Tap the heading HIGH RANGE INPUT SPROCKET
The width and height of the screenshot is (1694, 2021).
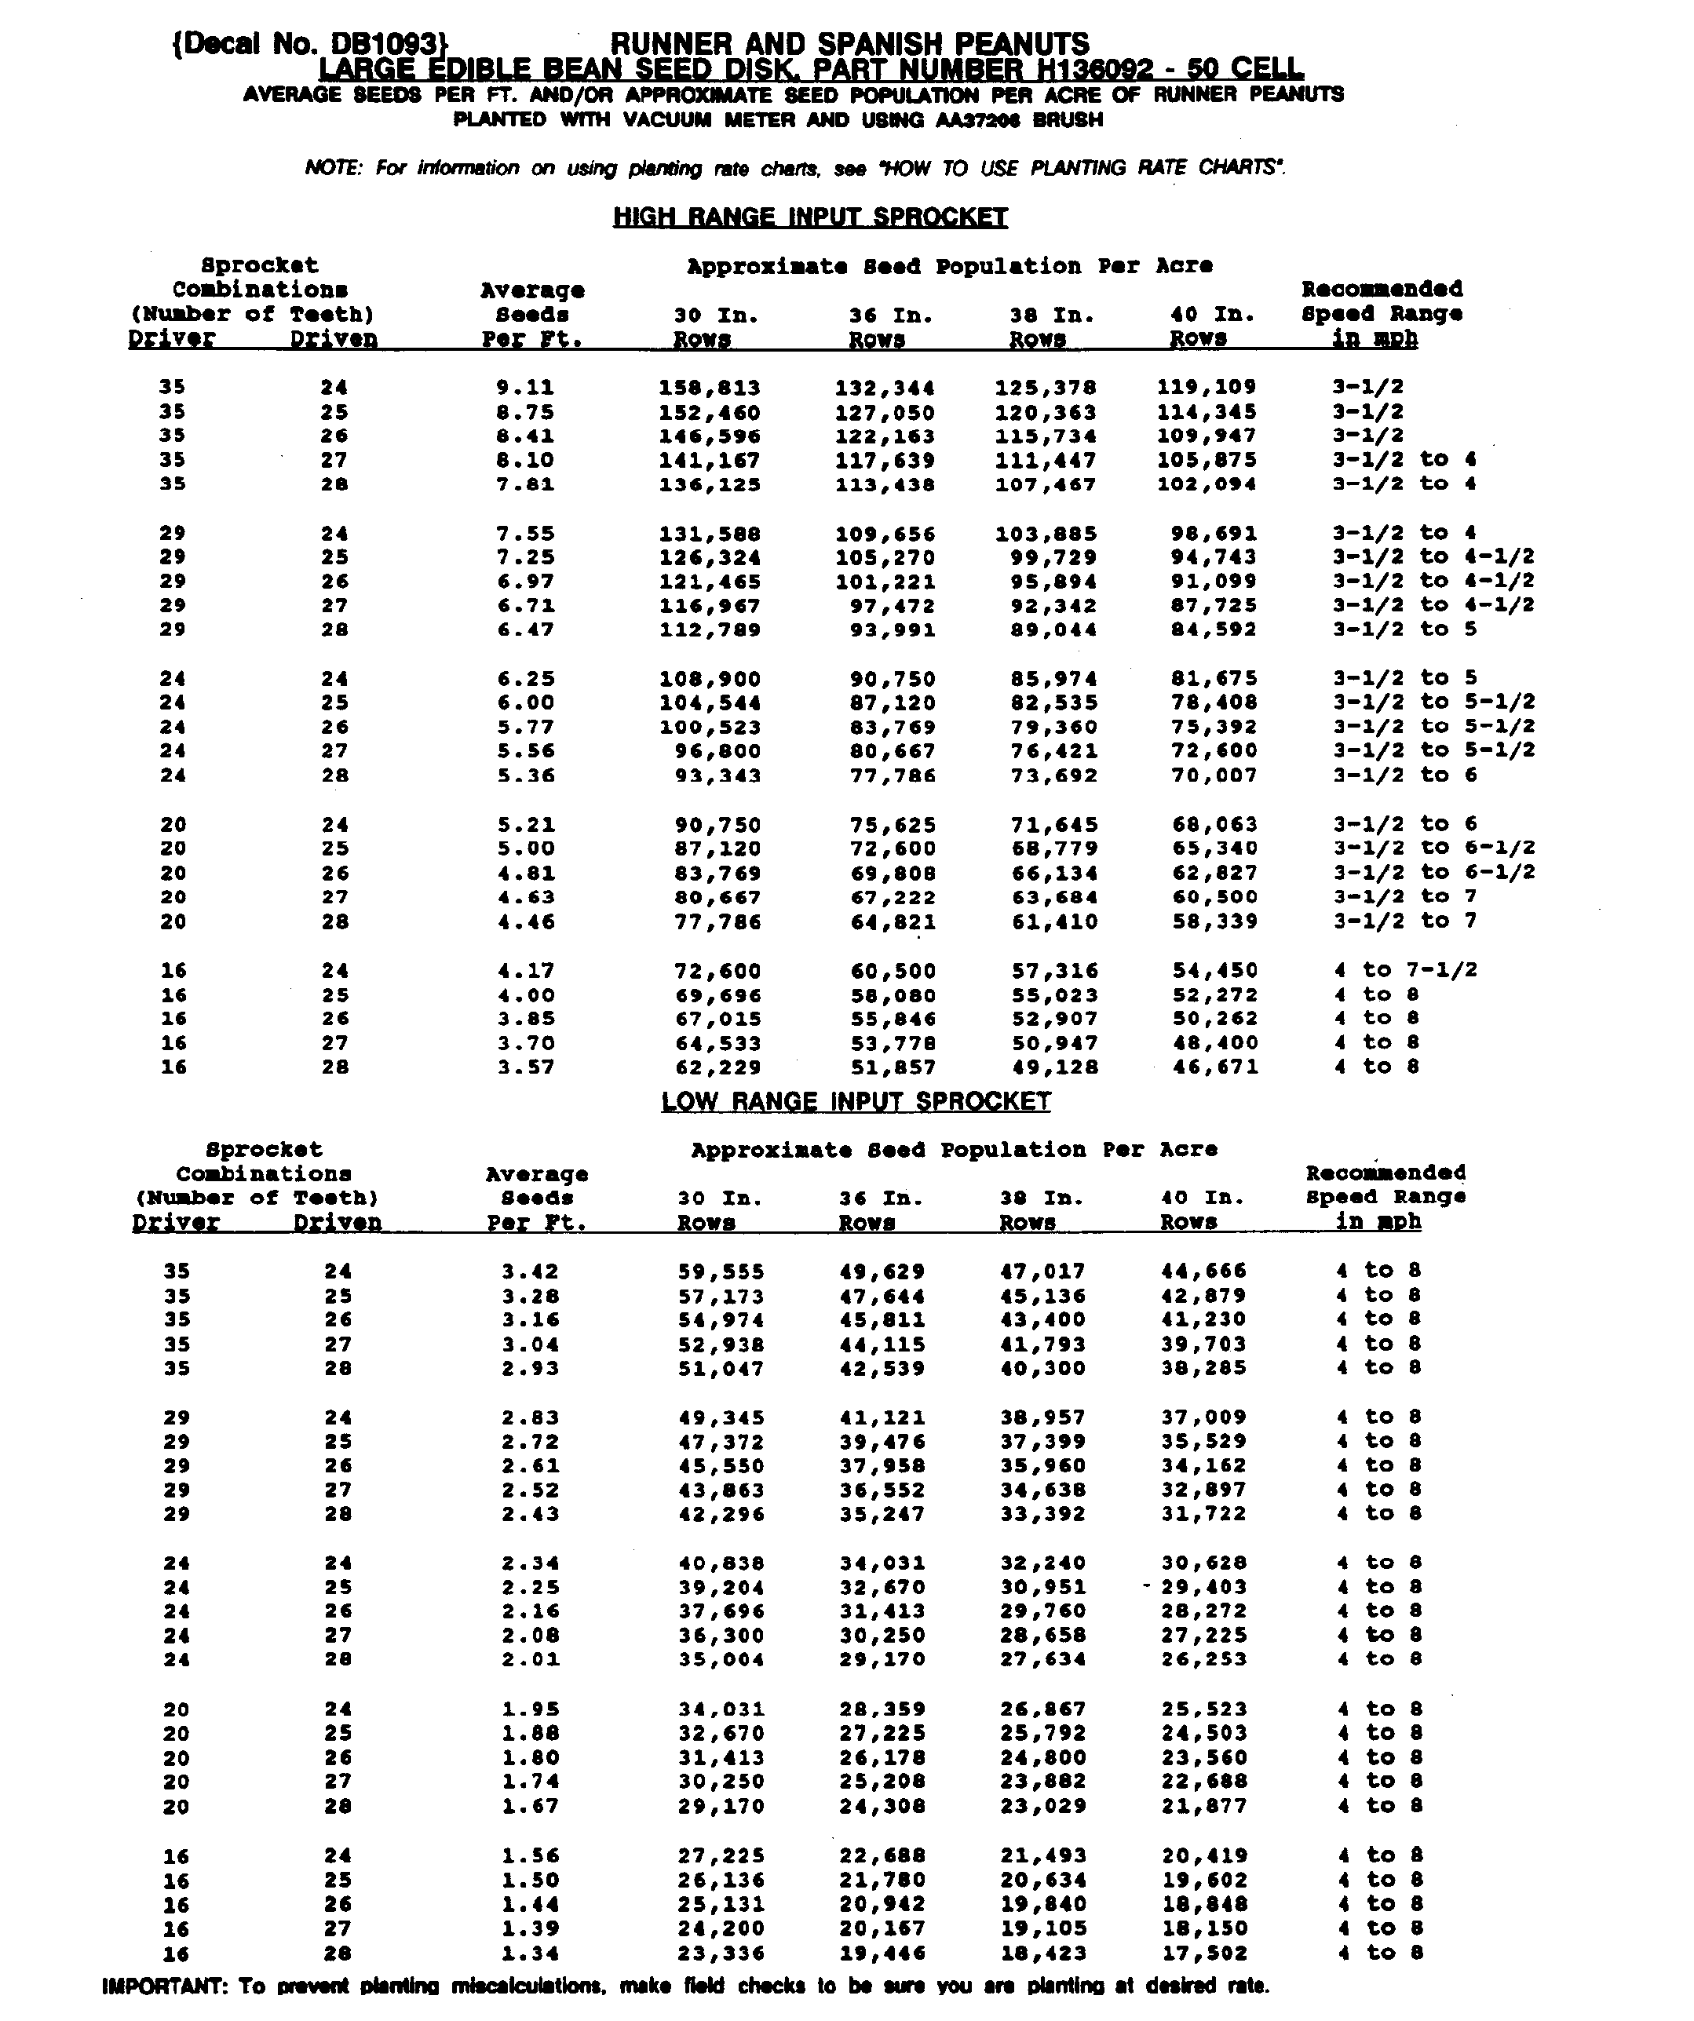[x=810, y=217]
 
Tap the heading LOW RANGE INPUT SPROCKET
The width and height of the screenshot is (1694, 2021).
[x=856, y=1101]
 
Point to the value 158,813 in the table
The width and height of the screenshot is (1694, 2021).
[x=710, y=388]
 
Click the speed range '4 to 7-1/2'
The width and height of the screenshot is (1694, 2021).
[x=1405, y=970]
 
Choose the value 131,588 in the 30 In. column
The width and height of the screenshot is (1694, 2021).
[x=710, y=533]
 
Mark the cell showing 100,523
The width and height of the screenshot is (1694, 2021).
[x=710, y=728]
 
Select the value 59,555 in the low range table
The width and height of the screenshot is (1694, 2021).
[x=721, y=1271]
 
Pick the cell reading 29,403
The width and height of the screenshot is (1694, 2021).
[x=1203, y=1587]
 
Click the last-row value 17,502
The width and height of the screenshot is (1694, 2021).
[x=1204, y=1953]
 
